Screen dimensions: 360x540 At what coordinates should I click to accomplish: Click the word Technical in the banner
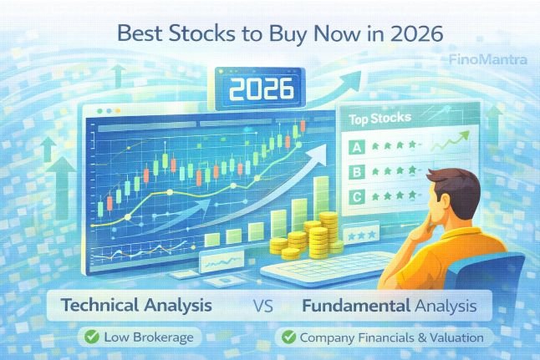pyautogui.click(x=102, y=307)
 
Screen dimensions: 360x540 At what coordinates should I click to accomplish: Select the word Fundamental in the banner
pyautogui.click(x=353, y=307)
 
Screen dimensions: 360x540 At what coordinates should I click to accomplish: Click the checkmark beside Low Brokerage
pyautogui.click(x=88, y=337)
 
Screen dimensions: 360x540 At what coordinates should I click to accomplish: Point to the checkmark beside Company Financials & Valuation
pyautogui.click(x=288, y=337)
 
